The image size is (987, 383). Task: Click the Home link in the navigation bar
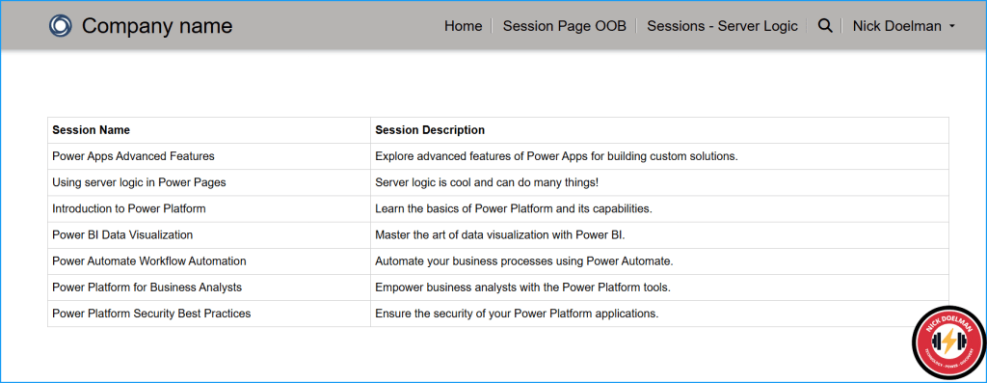pyautogui.click(x=464, y=26)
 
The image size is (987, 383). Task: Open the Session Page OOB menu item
pyautogui.click(x=565, y=26)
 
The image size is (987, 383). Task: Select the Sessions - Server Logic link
pyautogui.click(x=722, y=26)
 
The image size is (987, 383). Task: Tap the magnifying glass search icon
pyautogui.click(x=825, y=26)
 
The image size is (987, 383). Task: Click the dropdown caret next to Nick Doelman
pyautogui.click(x=951, y=26)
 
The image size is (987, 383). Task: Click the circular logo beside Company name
pyautogui.click(x=61, y=26)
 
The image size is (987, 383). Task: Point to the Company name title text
pyautogui.click(x=157, y=26)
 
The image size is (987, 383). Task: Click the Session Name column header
pyautogui.click(x=92, y=130)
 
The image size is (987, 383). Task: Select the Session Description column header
pyautogui.click(x=430, y=130)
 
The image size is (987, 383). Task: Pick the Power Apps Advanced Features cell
pyautogui.click(x=133, y=156)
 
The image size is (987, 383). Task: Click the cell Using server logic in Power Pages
pyautogui.click(x=139, y=182)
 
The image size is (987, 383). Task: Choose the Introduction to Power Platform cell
pyautogui.click(x=129, y=208)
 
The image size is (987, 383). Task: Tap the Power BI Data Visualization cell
pyautogui.click(x=122, y=235)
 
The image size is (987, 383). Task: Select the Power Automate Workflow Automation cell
pyautogui.click(x=149, y=260)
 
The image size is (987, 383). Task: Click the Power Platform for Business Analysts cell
pyautogui.click(x=147, y=287)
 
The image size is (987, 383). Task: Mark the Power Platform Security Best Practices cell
pyautogui.click(x=151, y=314)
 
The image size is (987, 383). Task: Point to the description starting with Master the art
pyautogui.click(x=500, y=235)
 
